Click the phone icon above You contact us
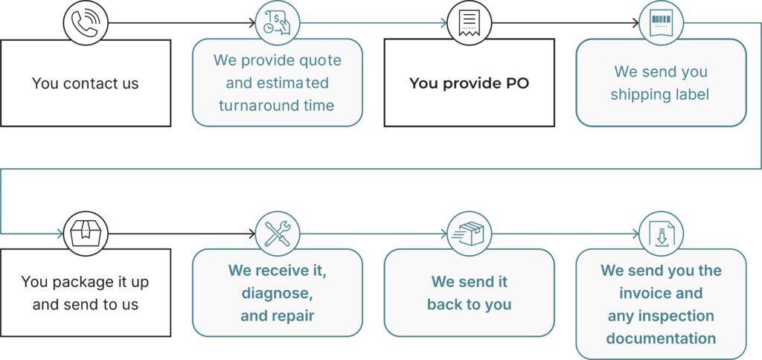[86, 22]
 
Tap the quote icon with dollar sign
[278, 22]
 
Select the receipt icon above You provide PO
[469, 22]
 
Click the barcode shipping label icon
[661, 22]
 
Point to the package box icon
[86, 234]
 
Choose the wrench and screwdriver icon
[278, 234]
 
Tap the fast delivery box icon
[469, 234]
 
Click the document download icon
[661, 234]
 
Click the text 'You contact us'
[86, 83]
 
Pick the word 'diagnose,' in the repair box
[277, 294]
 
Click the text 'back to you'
[469, 305]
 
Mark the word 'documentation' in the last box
[662, 338]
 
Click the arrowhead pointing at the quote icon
[252, 22]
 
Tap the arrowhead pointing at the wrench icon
[252, 234]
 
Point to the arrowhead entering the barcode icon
[635, 22]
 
